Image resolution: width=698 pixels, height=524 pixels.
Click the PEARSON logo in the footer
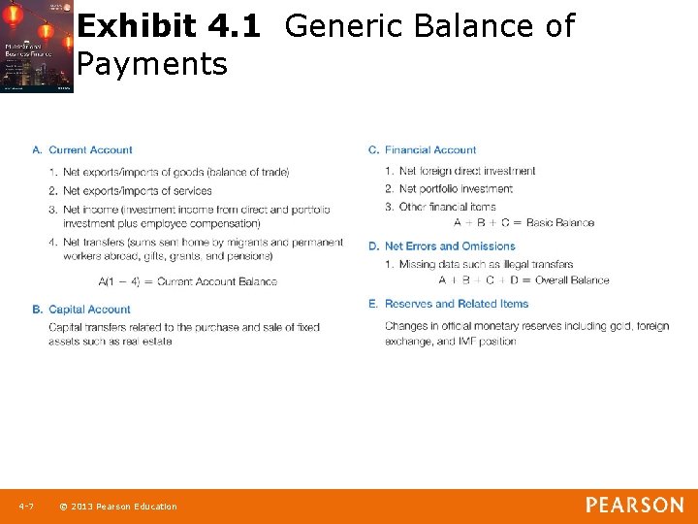coord(634,506)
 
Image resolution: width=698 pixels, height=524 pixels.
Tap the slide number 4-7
coord(26,507)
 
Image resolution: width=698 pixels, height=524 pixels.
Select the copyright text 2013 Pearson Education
coord(117,507)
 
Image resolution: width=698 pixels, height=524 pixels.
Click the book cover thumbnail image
coord(37,47)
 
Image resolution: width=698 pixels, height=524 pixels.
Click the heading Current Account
coord(89,150)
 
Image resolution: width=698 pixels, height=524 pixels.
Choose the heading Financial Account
coord(429,150)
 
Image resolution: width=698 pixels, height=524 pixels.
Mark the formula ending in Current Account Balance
coord(188,281)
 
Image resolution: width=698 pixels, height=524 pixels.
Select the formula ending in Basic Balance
coord(523,223)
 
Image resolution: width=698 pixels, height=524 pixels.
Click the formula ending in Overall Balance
coord(523,280)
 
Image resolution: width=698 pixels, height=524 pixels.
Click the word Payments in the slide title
coord(152,65)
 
